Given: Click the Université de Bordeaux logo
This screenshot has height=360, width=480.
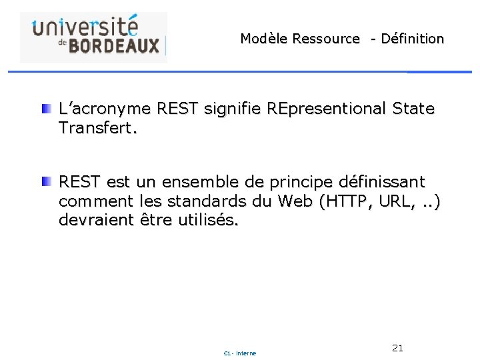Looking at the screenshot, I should coord(93,37).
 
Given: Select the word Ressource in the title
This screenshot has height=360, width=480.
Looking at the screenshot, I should coord(326,39).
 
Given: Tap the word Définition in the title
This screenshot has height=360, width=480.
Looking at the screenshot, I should coord(412,39).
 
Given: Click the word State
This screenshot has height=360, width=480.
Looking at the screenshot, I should coord(414,108).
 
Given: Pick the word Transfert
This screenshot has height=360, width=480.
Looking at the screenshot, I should coord(97,128).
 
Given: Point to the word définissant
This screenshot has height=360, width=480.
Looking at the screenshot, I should coord(381,181).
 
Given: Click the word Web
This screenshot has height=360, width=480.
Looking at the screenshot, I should coord(294,201).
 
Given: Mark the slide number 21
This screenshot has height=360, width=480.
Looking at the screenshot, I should coord(398,348).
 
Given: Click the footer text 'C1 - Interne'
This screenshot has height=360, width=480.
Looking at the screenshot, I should coord(240,353).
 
